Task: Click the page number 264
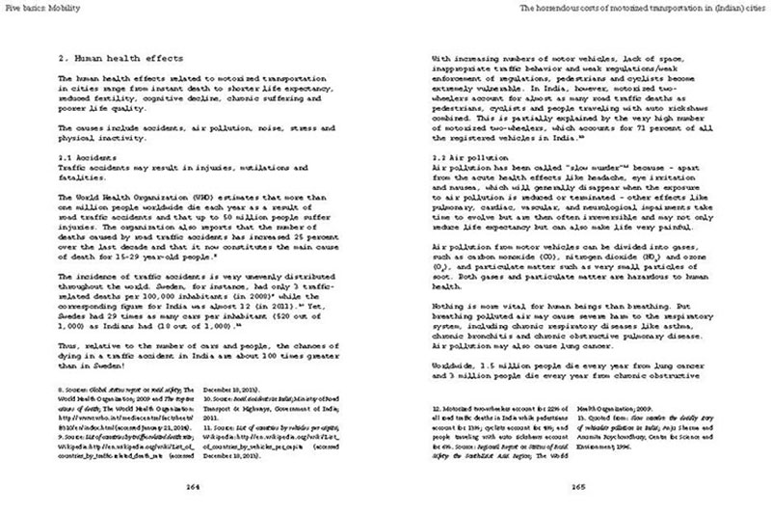tap(192, 486)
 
